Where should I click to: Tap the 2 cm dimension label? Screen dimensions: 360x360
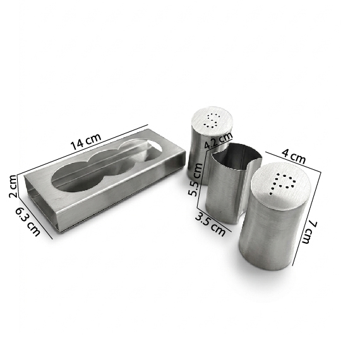tap(13, 186)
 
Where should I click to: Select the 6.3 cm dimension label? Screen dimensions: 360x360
tap(28, 221)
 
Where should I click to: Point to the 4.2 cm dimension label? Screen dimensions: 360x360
tap(219, 140)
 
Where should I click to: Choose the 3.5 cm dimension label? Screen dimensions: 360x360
tap(210, 224)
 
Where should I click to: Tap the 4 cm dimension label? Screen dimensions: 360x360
tap(294, 155)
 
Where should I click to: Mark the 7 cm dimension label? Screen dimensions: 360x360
tap(309, 232)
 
